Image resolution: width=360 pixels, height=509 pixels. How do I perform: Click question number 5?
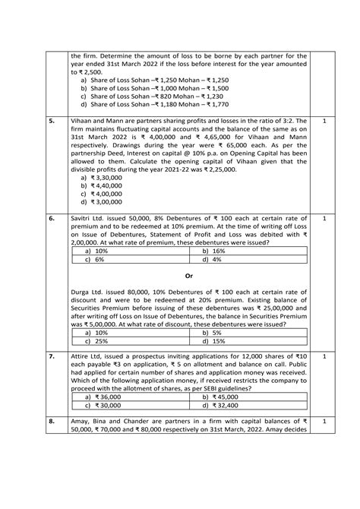pos(51,121)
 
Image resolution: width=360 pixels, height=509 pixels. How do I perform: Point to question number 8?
pos(51,420)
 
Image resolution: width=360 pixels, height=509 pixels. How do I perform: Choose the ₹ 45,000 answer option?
pos(223,397)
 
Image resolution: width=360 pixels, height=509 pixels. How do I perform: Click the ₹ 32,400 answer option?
pos(223,406)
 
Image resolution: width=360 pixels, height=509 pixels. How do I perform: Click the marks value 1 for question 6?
pos(324,217)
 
